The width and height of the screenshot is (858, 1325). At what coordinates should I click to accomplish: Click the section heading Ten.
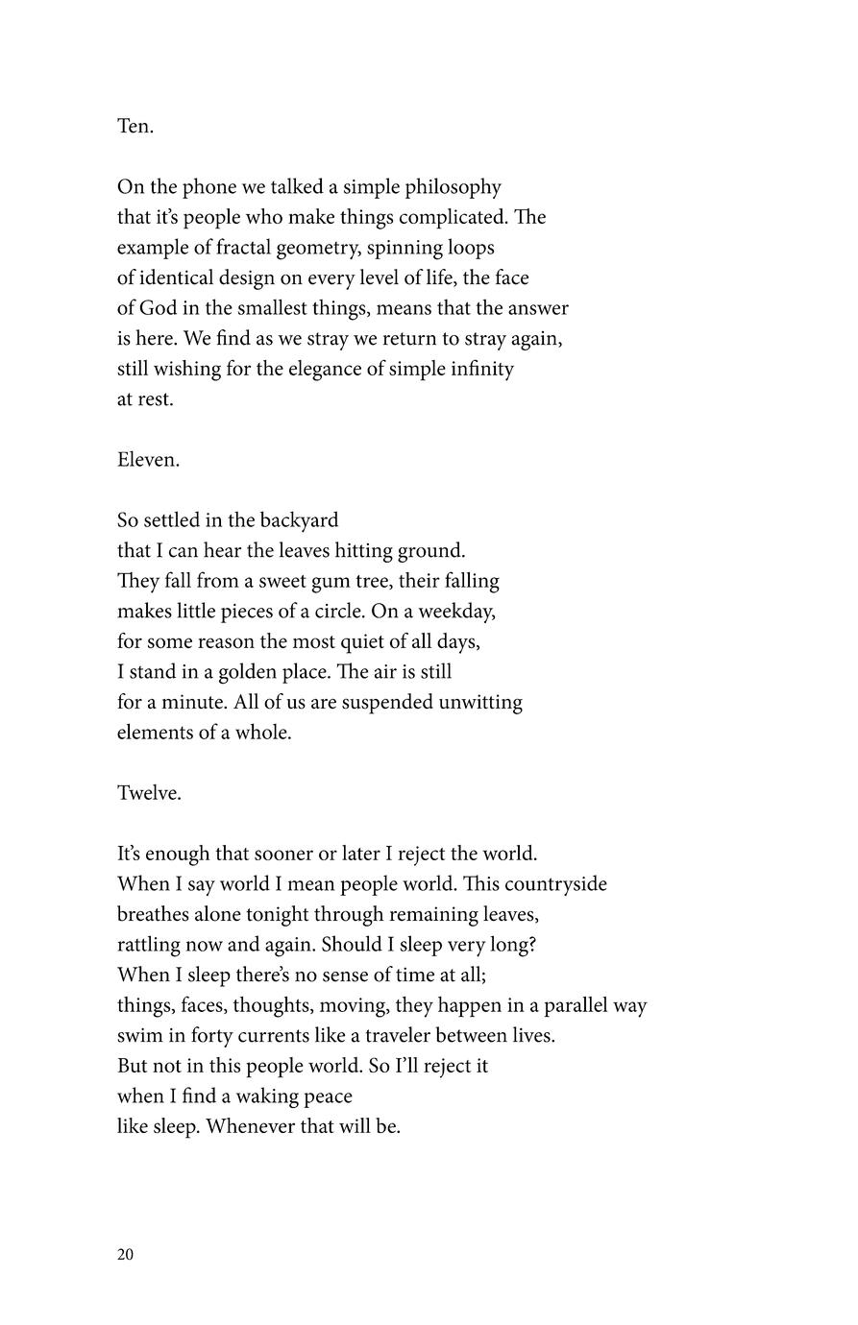click(x=135, y=127)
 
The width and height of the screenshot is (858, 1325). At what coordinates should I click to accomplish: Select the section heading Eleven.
click(x=148, y=460)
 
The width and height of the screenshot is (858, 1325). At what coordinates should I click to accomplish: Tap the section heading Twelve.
click(x=149, y=793)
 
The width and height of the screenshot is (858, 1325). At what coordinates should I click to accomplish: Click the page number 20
click(x=125, y=1255)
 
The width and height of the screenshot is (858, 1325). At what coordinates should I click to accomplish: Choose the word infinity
click(x=478, y=369)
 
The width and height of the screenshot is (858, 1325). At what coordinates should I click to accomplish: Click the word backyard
click(x=298, y=520)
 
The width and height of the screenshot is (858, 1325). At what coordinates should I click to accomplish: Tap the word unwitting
click(x=480, y=703)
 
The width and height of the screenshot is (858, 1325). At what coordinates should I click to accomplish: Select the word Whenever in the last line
click(x=250, y=1126)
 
